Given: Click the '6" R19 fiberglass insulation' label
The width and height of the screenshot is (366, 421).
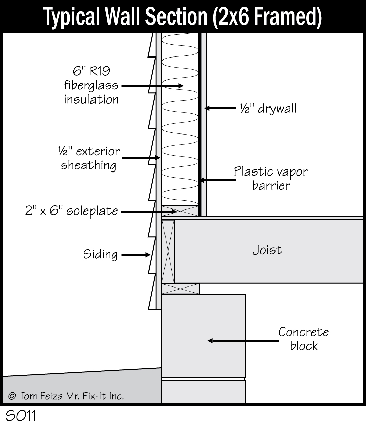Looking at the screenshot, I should click(x=91, y=85).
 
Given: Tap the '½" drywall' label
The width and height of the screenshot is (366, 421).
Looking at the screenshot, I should click(x=268, y=108).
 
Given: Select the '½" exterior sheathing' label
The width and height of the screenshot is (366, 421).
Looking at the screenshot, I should click(x=89, y=158).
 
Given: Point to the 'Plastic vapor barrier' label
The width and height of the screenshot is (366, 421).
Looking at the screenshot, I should click(x=271, y=178).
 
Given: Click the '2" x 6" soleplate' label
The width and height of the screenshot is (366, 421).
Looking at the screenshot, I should click(x=71, y=211).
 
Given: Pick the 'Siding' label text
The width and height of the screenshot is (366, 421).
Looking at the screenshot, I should click(x=100, y=254).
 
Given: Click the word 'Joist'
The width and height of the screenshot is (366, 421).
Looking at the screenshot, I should click(x=267, y=250).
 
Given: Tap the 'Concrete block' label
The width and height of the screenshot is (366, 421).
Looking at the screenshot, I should click(x=303, y=339).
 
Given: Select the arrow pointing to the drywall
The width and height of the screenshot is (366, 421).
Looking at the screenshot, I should click(x=220, y=108).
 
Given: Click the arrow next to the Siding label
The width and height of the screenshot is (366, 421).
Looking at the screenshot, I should click(x=136, y=255).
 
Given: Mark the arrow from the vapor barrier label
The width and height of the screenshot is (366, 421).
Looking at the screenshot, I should click(x=217, y=180).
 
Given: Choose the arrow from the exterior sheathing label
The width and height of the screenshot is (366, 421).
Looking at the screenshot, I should click(x=141, y=157).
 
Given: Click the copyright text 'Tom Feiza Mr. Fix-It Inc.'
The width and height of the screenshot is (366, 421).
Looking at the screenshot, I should click(x=66, y=396).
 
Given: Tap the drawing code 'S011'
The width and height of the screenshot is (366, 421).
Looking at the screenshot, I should click(x=21, y=415).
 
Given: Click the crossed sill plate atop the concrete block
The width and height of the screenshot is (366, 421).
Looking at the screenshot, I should click(x=181, y=289).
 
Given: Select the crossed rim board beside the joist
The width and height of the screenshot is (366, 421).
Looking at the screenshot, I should click(x=168, y=251).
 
